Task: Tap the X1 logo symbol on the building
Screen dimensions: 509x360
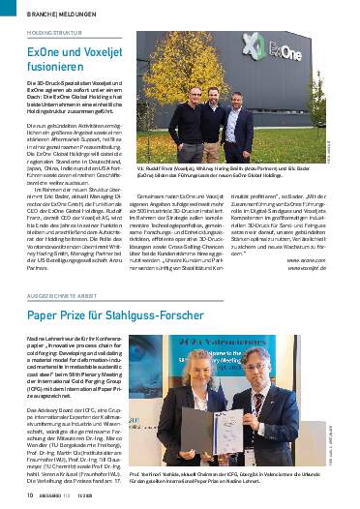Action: [x=258, y=45]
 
